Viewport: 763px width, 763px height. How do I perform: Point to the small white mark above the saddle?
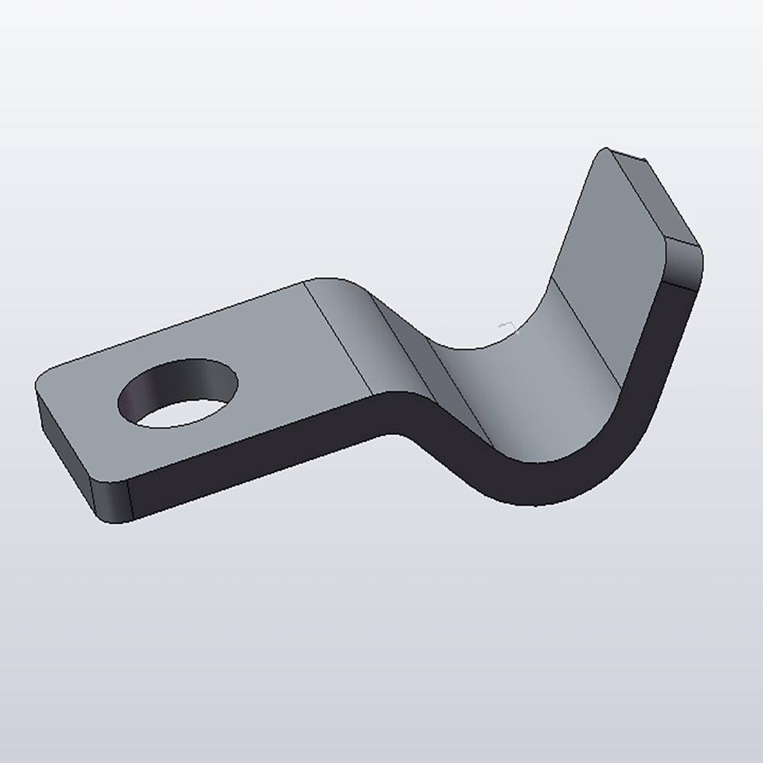[x=506, y=327]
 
